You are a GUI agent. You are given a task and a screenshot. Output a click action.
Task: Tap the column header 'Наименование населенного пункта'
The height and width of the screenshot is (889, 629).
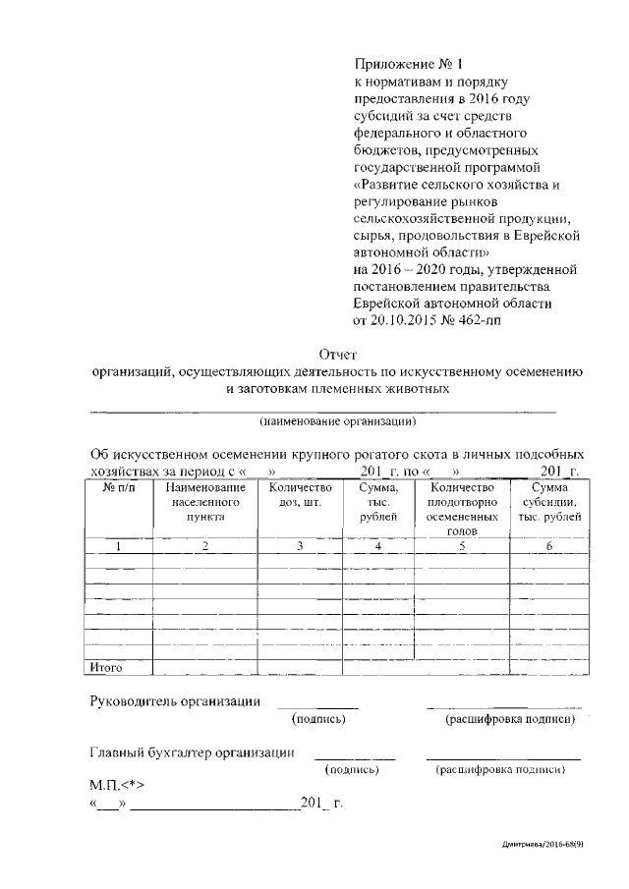[x=204, y=501]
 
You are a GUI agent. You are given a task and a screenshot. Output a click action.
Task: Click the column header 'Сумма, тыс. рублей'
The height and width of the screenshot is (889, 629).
[x=377, y=501]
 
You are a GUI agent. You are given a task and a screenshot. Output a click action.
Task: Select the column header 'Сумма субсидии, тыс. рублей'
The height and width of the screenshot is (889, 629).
[x=548, y=501]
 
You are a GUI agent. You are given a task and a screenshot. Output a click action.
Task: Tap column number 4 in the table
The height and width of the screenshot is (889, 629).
[x=377, y=546]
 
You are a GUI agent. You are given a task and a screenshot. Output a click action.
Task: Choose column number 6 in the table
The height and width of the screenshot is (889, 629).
[x=548, y=546]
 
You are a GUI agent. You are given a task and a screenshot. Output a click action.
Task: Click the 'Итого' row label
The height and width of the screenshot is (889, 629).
[x=105, y=668]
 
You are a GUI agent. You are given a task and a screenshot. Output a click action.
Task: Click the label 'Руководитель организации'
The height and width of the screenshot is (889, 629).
[x=175, y=701]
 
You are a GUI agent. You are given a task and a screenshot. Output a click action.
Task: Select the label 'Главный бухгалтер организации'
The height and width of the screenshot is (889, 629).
[x=193, y=752]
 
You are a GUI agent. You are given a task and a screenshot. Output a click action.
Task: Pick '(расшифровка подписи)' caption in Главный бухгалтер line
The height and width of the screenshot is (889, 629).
[x=499, y=770]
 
